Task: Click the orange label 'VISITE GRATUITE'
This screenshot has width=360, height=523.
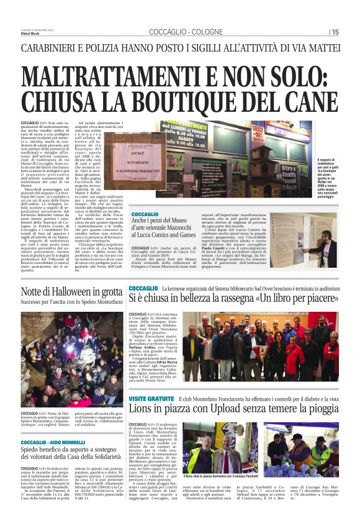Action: point(151,398)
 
